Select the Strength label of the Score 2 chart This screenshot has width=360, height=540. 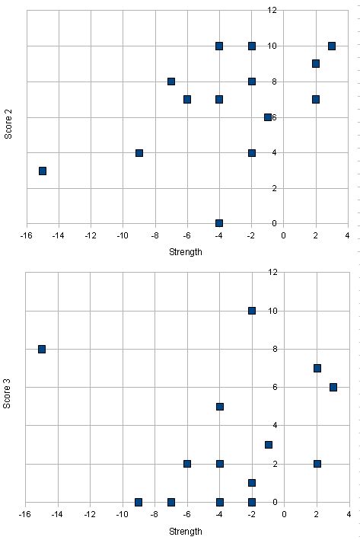coord(186,252)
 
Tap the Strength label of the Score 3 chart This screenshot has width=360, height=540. coord(186,531)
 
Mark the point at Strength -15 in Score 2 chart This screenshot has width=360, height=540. coord(43,171)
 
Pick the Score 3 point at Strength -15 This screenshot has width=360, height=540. coord(42,349)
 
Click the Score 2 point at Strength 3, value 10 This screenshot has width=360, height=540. coord(332,46)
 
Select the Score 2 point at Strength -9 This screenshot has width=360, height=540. coord(139,153)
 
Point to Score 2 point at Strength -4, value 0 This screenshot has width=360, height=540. coord(219,223)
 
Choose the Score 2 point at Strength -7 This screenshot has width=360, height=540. coord(171,81)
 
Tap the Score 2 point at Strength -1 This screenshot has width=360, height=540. coord(268,117)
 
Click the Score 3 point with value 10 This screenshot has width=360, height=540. coord(252,310)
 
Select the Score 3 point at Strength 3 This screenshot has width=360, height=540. coord(333,387)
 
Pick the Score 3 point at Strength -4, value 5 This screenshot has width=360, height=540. coord(220,406)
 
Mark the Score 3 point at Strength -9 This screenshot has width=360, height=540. coord(139,502)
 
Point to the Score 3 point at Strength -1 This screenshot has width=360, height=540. coord(268,444)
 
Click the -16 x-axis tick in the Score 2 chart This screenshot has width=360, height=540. coord(27,235)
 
